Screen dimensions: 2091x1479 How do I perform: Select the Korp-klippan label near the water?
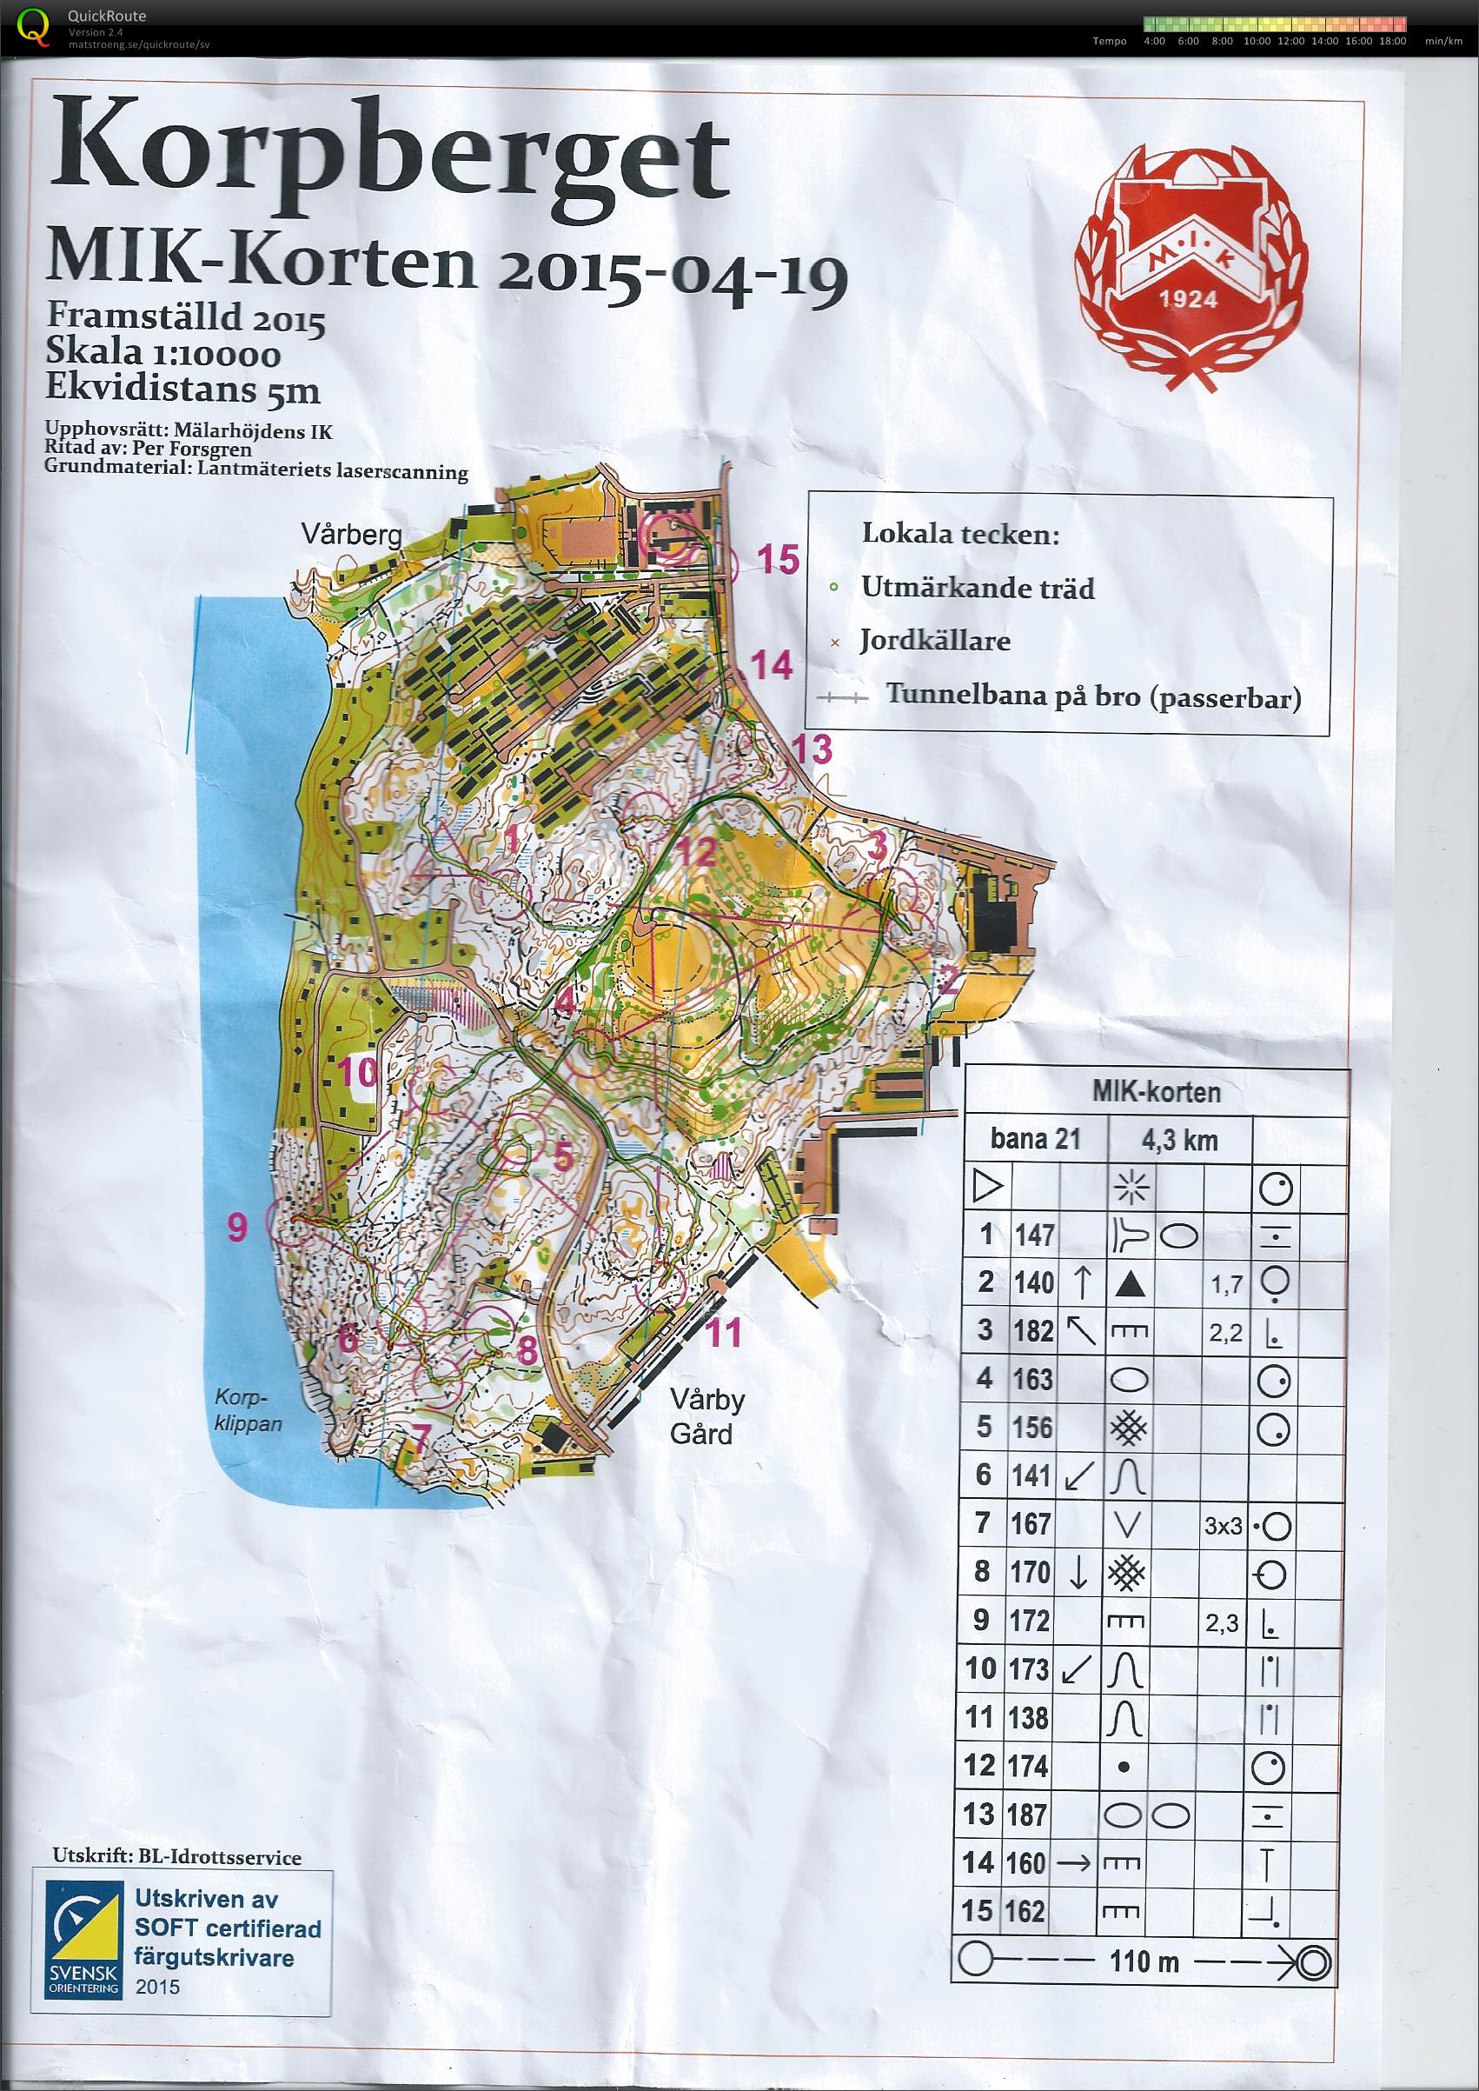click(248, 1411)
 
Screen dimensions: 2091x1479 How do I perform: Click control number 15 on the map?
click(779, 558)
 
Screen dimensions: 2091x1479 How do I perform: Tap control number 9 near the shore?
click(236, 1229)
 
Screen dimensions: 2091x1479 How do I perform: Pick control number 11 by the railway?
click(725, 1333)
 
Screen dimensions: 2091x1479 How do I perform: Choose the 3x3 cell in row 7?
click(1224, 1526)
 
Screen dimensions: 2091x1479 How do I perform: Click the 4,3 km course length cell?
click(1179, 1140)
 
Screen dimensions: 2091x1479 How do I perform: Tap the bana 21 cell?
click(1035, 1139)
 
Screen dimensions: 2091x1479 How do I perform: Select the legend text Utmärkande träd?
click(978, 589)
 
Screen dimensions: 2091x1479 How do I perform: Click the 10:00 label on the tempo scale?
click(1257, 41)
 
